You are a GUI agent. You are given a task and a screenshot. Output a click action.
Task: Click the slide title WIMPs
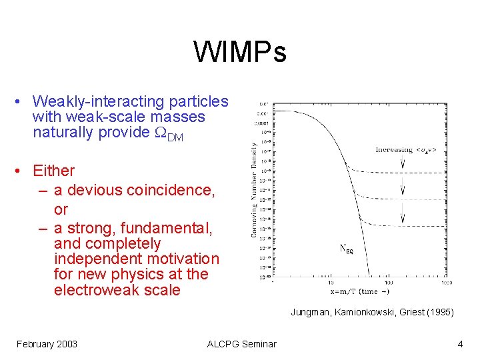[240, 52]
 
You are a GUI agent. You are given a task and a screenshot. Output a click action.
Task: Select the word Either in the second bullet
[53, 171]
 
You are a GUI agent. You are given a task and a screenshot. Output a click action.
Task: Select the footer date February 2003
[47, 344]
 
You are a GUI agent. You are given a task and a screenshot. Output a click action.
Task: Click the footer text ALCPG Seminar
[241, 344]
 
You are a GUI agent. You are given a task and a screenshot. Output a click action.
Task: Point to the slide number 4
[460, 344]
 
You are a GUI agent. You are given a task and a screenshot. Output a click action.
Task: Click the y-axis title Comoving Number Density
[254, 190]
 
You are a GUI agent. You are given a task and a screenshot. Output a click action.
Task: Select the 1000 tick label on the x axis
[445, 283]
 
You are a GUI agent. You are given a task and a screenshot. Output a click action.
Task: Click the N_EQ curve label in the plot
[347, 250]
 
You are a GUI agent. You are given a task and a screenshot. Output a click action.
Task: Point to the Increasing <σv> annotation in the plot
[405, 150]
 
